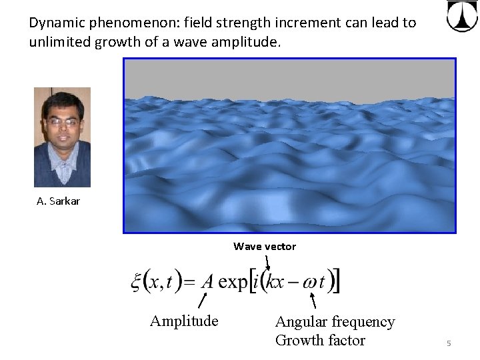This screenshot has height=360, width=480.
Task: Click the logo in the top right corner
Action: tap(461, 16)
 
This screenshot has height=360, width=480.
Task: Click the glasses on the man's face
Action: tap(62, 122)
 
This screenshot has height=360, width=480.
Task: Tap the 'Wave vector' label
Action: tap(265, 246)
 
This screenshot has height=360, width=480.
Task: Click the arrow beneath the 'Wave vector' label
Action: tap(267, 261)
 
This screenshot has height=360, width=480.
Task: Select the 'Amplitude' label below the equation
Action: tap(184, 321)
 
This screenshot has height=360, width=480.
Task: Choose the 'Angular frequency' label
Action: tap(335, 322)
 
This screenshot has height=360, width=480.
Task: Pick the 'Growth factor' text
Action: tap(320, 340)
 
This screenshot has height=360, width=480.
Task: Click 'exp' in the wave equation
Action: tap(233, 282)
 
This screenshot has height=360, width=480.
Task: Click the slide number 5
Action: tap(449, 343)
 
